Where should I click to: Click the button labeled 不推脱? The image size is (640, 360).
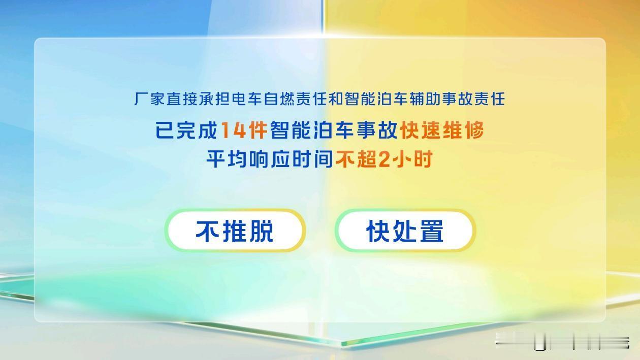tap(235, 231)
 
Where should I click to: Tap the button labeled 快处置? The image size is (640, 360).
tap(405, 231)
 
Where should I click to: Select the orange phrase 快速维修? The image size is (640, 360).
tap(441, 131)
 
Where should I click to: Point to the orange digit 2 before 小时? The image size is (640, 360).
tap(384, 160)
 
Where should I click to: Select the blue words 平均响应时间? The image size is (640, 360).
tap(269, 160)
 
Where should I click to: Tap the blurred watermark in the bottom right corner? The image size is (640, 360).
tap(561, 341)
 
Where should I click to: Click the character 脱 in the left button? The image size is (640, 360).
tap(261, 231)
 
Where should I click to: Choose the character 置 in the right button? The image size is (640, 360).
tap(431, 231)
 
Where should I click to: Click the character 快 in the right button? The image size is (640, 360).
tap(378, 231)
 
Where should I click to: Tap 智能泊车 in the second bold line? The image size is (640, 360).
tap(309, 131)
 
